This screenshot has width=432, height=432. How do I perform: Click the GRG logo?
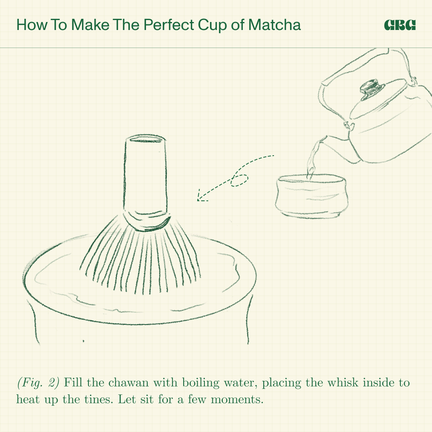pyautogui.click(x=400, y=25)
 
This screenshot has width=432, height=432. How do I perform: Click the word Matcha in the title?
pyautogui.click(x=274, y=25)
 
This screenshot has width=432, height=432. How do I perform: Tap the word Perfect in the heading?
pyautogui.click(x=169, y=25)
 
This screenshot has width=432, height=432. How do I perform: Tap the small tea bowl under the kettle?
pyautogui.click(x=311, y=196)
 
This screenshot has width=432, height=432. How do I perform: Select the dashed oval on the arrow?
pyautogui.click(x=239, y=180)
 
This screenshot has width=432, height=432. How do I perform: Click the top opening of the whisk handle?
pyautogui.click(x=146, y=138)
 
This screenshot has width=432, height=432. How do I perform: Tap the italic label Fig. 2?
pyautogui.click(x=38, y=383)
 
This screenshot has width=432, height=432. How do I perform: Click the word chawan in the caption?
pyautogui.click(x=128, y=383)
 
